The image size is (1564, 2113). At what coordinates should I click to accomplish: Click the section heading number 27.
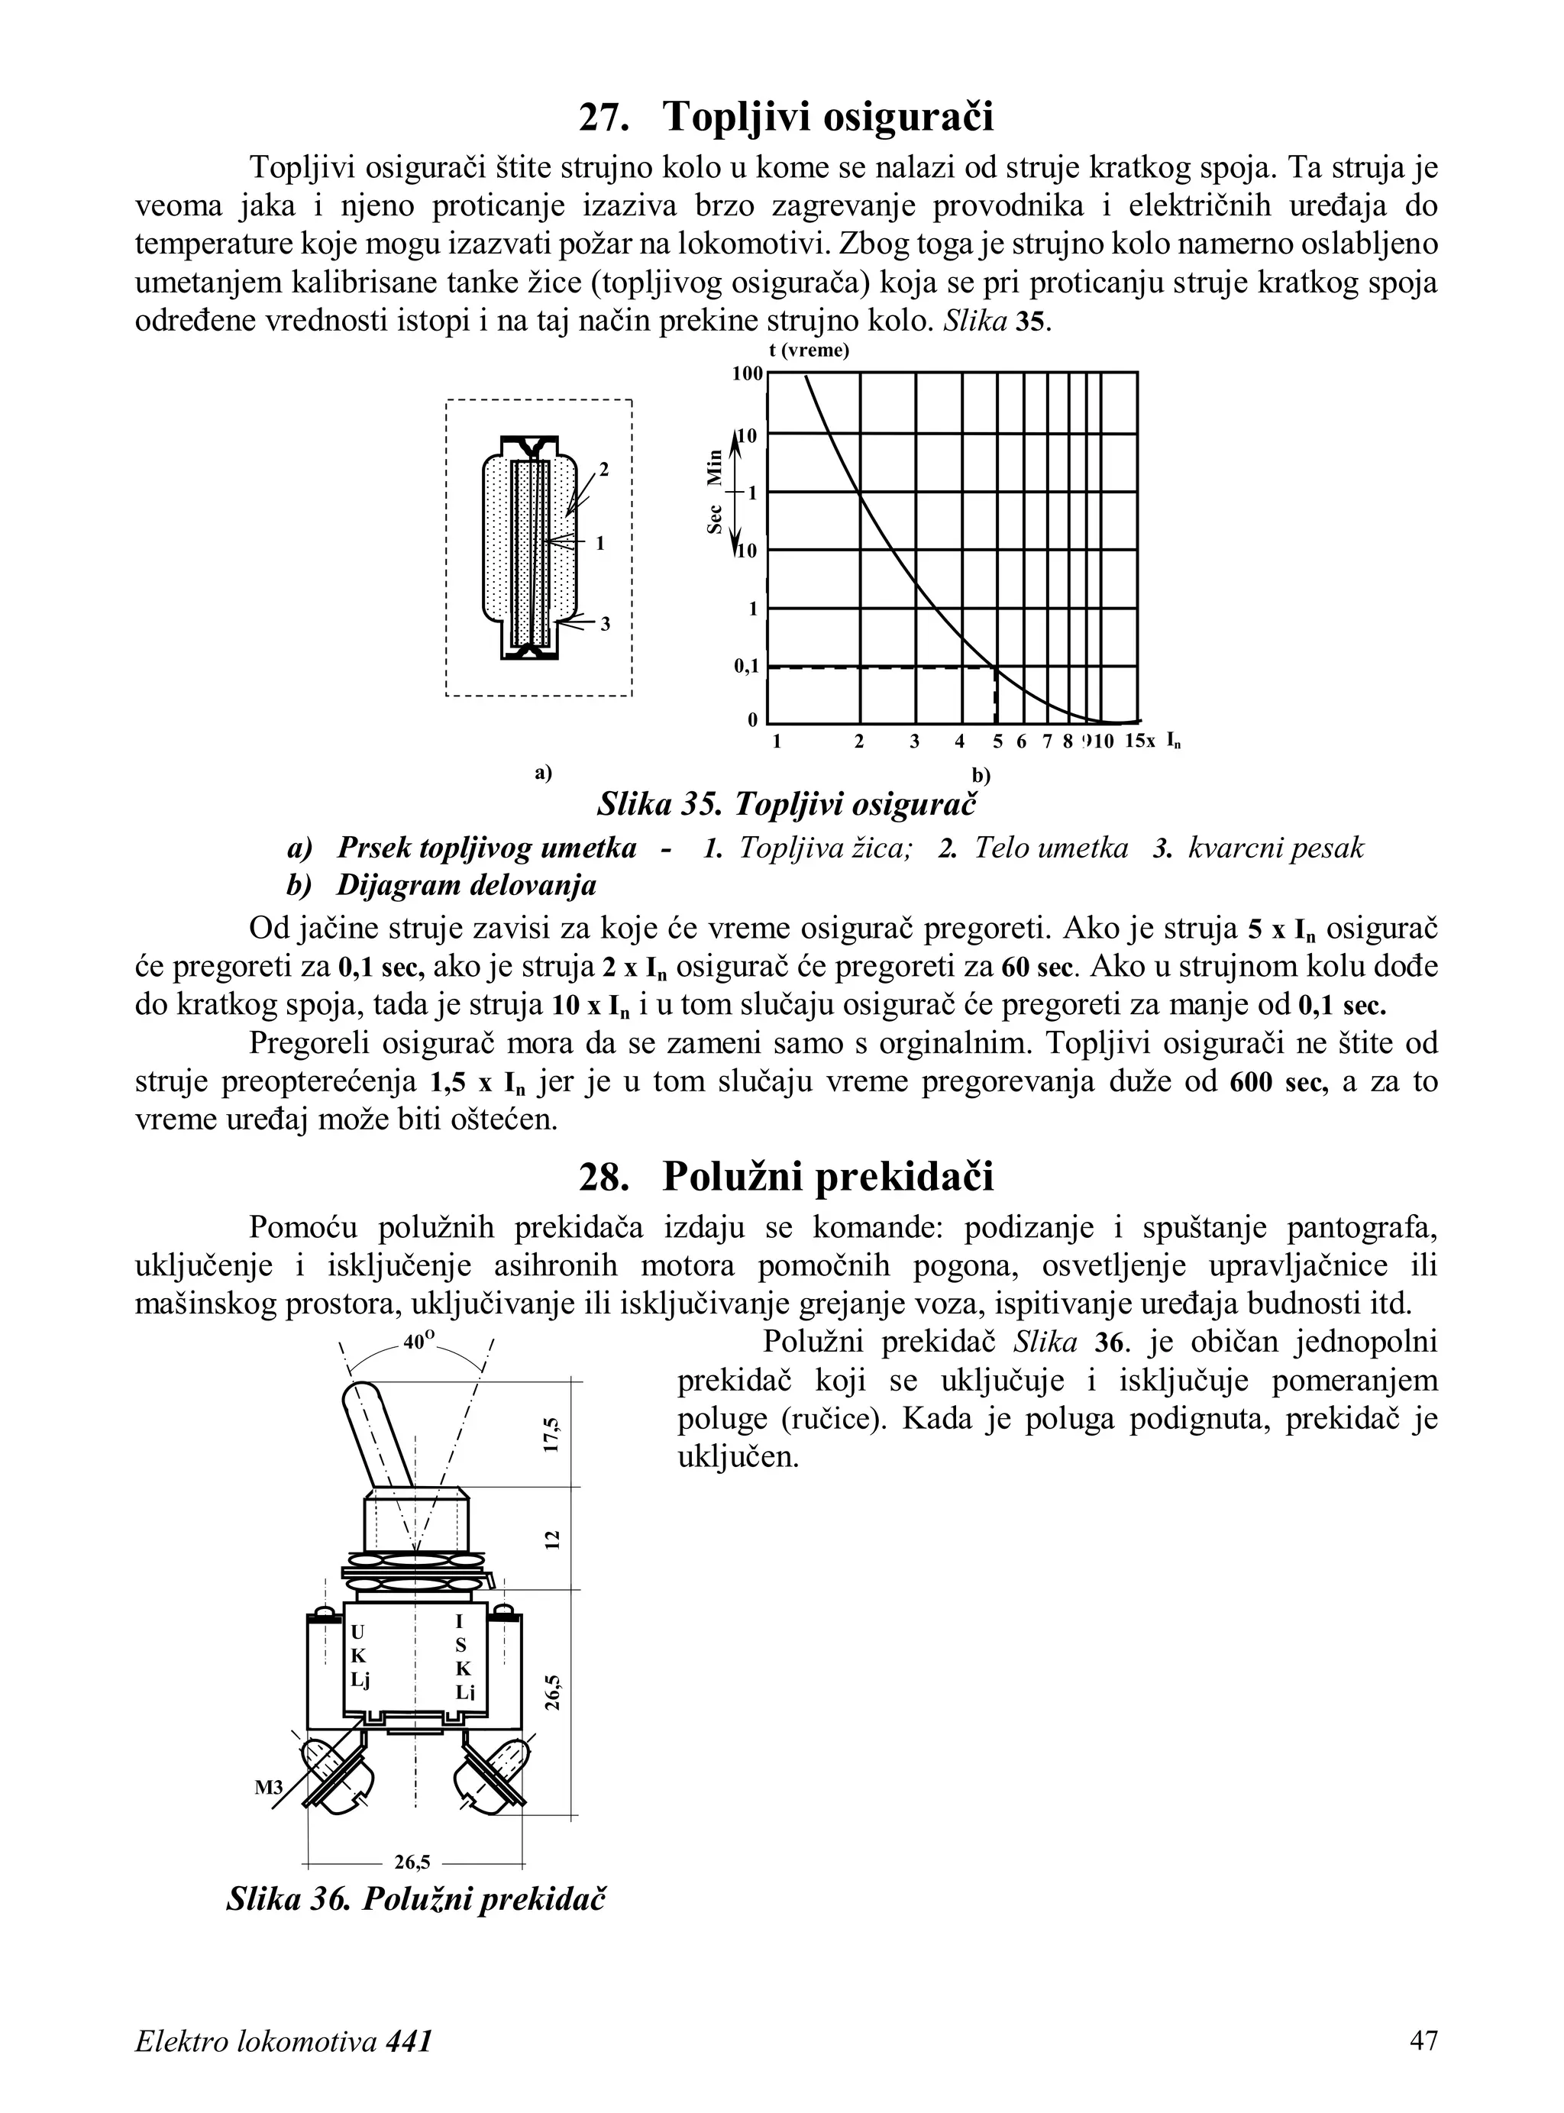pos(604,118)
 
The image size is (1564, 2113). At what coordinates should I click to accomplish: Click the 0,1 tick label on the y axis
pos(746,667)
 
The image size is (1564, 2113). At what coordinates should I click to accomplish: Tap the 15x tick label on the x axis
pos(1140,741)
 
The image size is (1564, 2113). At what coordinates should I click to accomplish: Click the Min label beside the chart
pos(715,466)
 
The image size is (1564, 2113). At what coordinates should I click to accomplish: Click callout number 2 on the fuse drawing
pos(603,470)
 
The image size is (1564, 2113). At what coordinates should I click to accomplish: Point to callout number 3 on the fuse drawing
pos(605,624)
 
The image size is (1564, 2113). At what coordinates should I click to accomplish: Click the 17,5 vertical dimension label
pos(553,1434)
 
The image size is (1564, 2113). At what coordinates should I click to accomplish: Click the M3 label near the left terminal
pos(269,1788)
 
